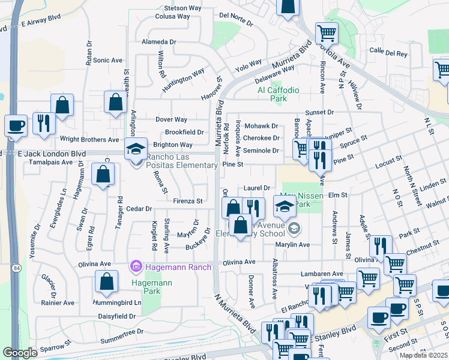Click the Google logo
click(x=20, y=353)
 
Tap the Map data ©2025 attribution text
click(x=423, y=355)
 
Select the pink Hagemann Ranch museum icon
click(x=136, y=266)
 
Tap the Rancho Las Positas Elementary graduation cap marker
click(x=136, y=148)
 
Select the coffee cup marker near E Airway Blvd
click(x=16, y=126)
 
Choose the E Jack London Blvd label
click(x=52, y=154)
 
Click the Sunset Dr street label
click(x=319, y=112)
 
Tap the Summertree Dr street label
click(x=123, y=331)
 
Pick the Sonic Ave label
click(x=107, y=61)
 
